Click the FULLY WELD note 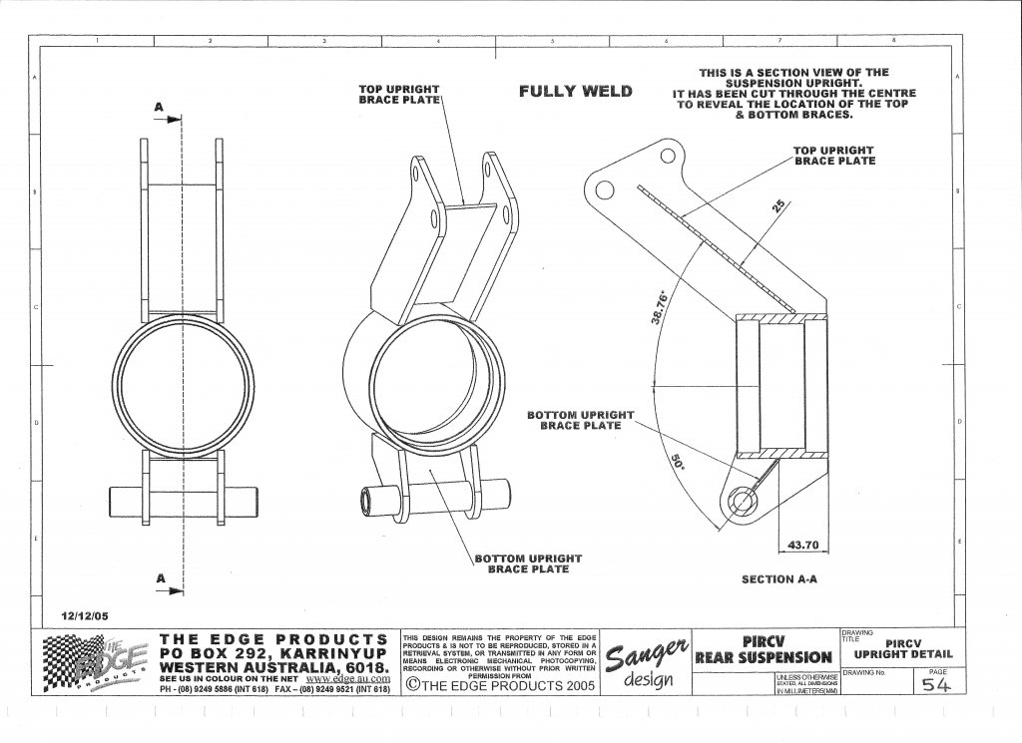coord(575,92)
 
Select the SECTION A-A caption coord(779,578)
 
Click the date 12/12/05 coord(85,615)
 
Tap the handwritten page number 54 coord(935,685)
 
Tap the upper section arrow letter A coord(158,106)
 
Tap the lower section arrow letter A coord(158,576)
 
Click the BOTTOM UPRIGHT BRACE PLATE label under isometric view coord(528,563)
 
